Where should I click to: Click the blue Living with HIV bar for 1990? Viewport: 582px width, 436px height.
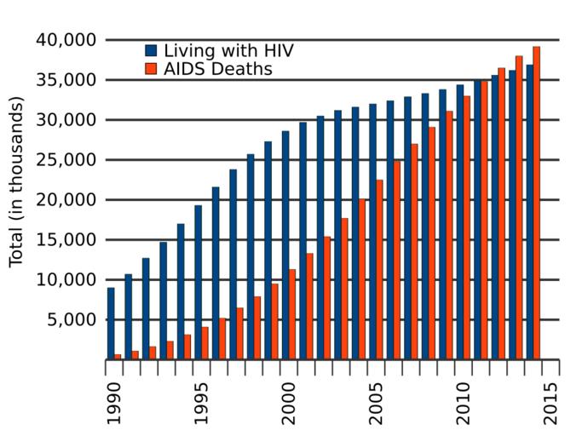111,324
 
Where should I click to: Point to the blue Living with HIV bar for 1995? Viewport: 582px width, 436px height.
199,282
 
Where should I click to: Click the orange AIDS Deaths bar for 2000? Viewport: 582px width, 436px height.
292,314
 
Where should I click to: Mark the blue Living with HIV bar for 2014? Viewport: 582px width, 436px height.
529,212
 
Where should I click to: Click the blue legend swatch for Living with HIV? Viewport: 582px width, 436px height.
151,50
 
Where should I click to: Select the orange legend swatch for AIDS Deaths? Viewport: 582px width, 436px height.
151,69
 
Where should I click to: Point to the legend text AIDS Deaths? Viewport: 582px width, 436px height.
218,69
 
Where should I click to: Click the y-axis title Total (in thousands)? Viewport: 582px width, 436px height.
16,181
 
